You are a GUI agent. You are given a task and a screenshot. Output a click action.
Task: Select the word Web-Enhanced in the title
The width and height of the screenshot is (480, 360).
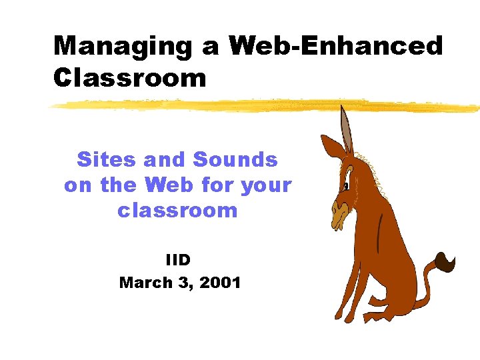[x=335, y=47]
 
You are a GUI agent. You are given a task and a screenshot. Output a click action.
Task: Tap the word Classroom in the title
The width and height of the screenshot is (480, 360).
[x=130, y=78]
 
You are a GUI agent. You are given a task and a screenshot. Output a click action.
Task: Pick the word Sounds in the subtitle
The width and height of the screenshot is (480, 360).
[x=235, y=160]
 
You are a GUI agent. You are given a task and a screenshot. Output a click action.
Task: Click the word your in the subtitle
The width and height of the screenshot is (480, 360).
[x=267, y=185]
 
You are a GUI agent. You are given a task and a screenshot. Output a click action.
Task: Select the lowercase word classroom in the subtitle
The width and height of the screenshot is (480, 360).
[x=177, y=211]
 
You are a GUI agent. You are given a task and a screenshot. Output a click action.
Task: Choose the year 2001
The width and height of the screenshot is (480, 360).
[x=220, y=283]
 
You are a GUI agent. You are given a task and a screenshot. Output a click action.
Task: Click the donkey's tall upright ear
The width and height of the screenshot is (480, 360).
[x=345, y=130]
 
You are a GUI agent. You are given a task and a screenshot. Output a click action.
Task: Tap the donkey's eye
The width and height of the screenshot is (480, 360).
[x=347, y=186]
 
